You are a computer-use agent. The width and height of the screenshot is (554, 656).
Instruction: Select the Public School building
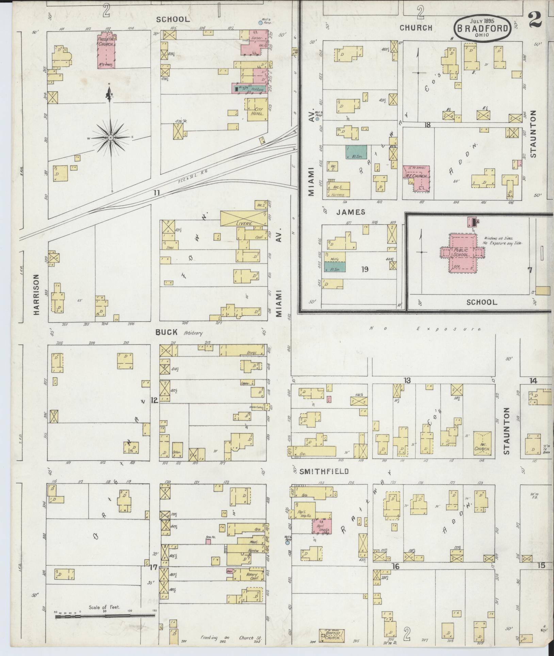click(x=461, y=252)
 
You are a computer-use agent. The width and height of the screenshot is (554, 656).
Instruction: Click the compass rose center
click(x=111, y=138)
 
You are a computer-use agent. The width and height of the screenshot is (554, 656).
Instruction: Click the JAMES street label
click(x=351, y=212)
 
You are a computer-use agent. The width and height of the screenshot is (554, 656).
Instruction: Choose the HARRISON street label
click(x=37, y=294)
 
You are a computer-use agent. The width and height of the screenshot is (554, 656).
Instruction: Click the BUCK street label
click(x=166, y=332)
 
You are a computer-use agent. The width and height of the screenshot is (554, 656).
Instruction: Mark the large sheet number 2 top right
click(x=535, y=20)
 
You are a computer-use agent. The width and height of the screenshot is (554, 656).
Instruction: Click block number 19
click(x=365, y=270)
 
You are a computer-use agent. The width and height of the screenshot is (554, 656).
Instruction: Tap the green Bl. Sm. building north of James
click(x=356, y=152)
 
